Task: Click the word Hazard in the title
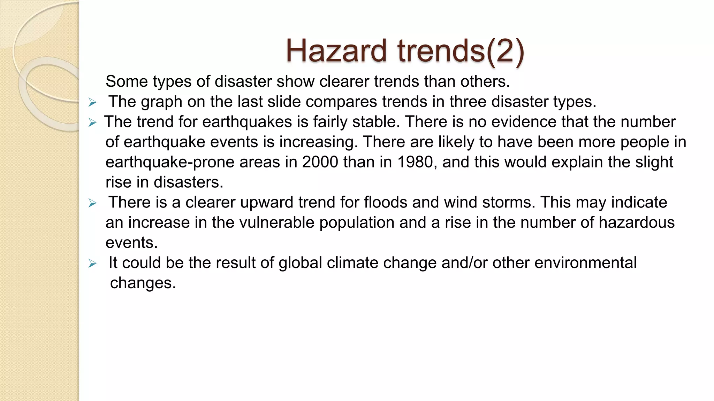tap(336, 51)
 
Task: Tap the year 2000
tap(320, 162)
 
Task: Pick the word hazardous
tap(637, 222)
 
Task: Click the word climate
tap(352, 263)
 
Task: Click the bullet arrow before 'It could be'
tap(92, 264)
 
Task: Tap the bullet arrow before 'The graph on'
tap(92, 102)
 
